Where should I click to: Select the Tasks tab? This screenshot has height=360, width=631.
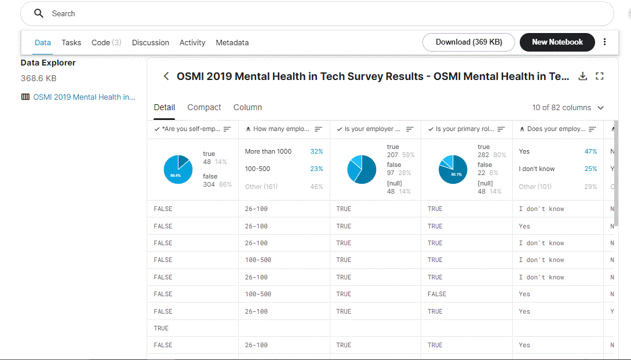[x=71, y=42]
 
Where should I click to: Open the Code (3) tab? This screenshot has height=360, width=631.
[x=106, y=42]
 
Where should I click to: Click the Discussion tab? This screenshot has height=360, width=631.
[x=151, y=42]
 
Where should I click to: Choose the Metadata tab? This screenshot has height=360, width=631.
[x=232, y=42]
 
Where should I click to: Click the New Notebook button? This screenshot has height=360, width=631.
[x=557, y=42]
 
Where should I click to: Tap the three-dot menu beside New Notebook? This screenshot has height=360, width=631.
[x=605, y=42]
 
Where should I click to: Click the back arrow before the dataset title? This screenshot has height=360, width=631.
[x=166, y=77]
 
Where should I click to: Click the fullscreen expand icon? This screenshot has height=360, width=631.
[x=600, y=77]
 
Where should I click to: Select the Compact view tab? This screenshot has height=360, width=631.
[x=204, y=107]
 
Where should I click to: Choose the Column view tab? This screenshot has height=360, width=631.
[x=247, y=107]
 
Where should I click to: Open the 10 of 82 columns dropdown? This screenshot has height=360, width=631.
[x=568, y=108]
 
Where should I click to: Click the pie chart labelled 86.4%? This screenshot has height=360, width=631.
[x=178, y=170]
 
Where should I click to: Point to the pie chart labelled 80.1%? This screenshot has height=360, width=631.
[x=453, y=170]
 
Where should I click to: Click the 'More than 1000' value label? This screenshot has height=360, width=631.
[x=268, y=151]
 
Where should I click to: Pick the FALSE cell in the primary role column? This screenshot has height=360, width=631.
[x=437, y=294]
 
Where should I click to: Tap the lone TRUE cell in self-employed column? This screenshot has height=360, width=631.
[x=161, y=328]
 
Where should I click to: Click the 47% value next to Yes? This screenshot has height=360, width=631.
[x=590, y=151]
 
